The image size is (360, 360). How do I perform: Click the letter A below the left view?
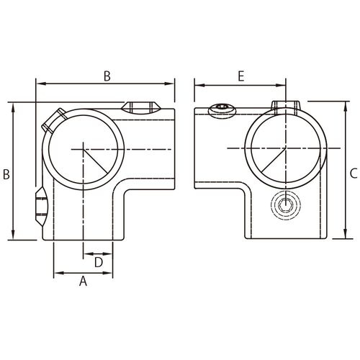tap(83, 281)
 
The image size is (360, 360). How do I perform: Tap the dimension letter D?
tap(99, 262)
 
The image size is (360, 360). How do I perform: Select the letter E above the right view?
tap(240, 76)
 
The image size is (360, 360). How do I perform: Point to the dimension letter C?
tap(354, 174)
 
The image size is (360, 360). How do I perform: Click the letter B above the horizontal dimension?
tap(107, 76)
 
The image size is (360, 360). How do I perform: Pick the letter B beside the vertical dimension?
tap(6, 174)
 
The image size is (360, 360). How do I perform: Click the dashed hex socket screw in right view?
tap(286, 205)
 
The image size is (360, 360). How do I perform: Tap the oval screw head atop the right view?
tap(222, 111)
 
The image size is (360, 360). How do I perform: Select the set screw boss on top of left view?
tap(139, 108)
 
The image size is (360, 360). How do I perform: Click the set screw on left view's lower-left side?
tap(40, 206)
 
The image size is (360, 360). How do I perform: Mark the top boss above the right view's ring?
tap(286, 107)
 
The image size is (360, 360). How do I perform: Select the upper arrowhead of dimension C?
tap(346, 107)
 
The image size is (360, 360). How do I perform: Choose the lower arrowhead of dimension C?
tap(346, 233)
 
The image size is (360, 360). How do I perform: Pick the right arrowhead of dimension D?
tap(107, 253)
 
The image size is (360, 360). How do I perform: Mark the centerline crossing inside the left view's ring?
tap(83, 149)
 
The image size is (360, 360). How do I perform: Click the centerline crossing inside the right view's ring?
tap(286, 148)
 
